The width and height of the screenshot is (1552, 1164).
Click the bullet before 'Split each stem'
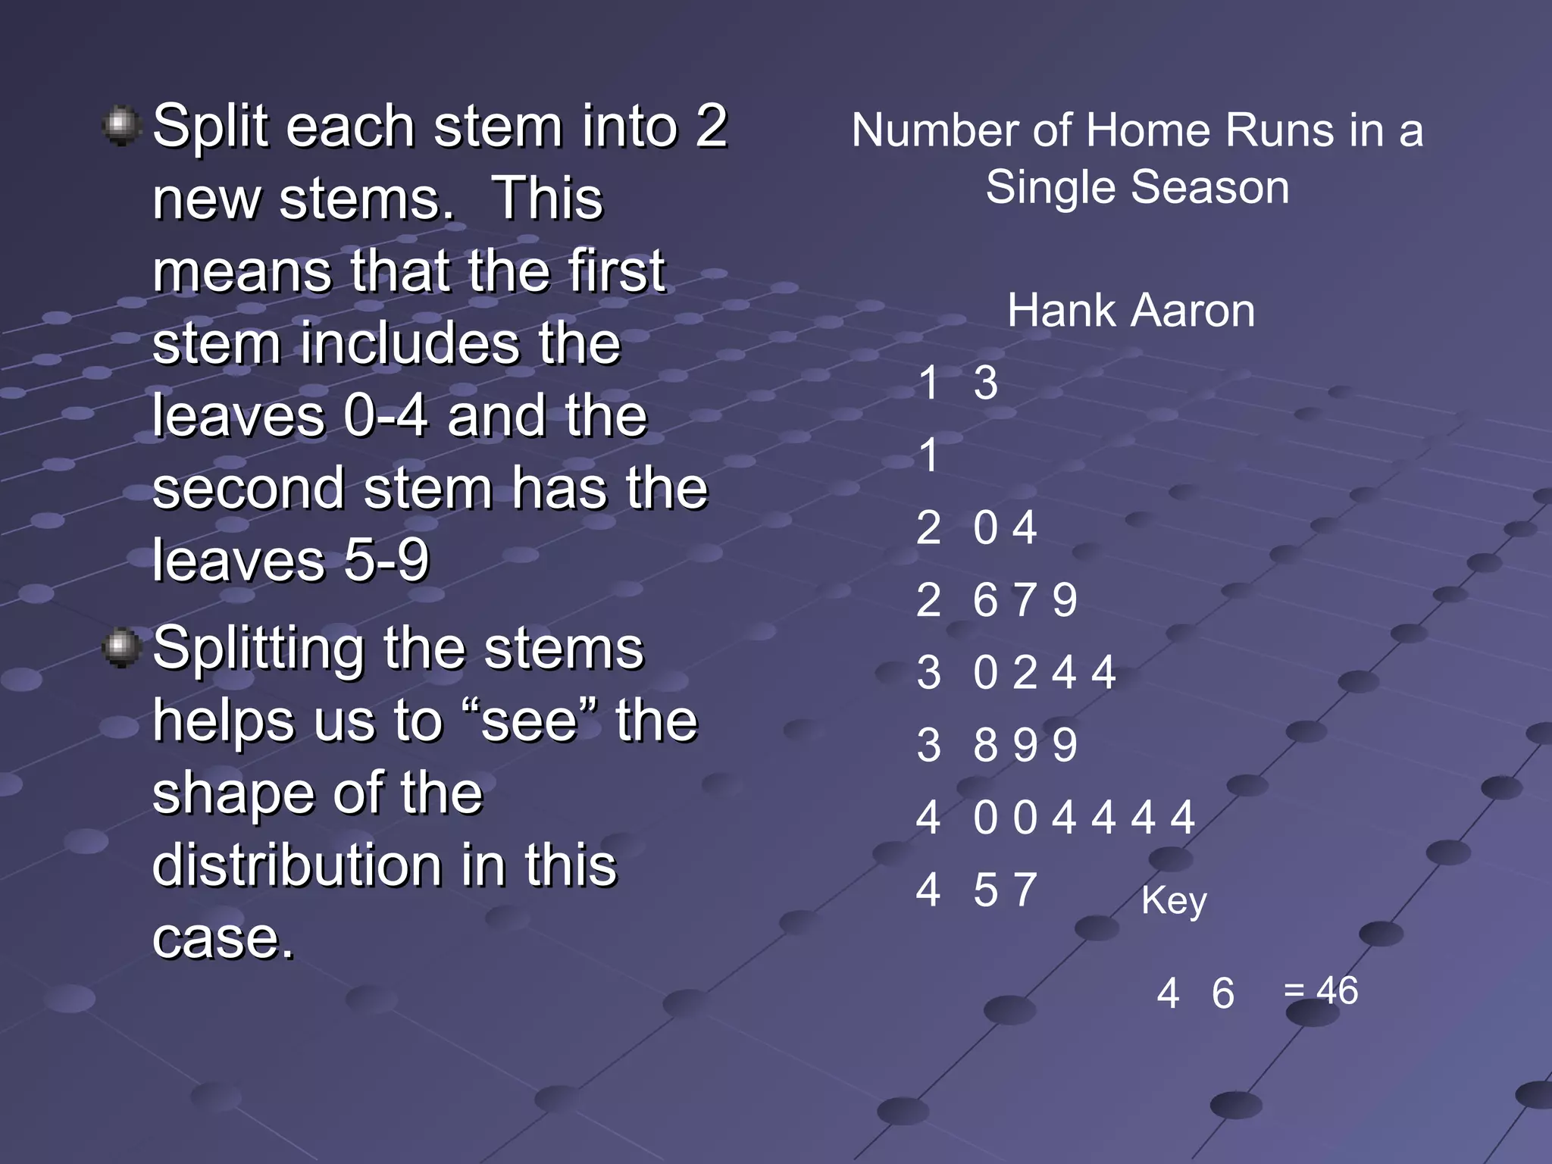121,126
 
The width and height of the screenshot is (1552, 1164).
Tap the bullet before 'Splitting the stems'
121,648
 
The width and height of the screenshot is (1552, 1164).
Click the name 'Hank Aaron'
1131,311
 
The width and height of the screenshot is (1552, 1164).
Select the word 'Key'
1174,900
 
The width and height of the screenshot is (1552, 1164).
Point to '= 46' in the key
1321,990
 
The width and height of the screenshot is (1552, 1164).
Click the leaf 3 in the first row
986,383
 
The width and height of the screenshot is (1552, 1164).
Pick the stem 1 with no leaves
929,455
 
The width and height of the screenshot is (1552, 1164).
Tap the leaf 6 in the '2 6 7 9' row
985,600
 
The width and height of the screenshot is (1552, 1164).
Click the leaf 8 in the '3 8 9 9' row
985,745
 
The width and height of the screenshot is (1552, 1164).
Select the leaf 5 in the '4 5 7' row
985,890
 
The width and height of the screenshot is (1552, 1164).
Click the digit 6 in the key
1223,993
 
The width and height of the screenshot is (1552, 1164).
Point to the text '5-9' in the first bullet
386,561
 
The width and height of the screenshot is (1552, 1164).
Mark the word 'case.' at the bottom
223,938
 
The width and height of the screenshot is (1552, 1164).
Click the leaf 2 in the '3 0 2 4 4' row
1025,673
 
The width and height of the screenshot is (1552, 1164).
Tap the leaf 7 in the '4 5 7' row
1025,890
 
